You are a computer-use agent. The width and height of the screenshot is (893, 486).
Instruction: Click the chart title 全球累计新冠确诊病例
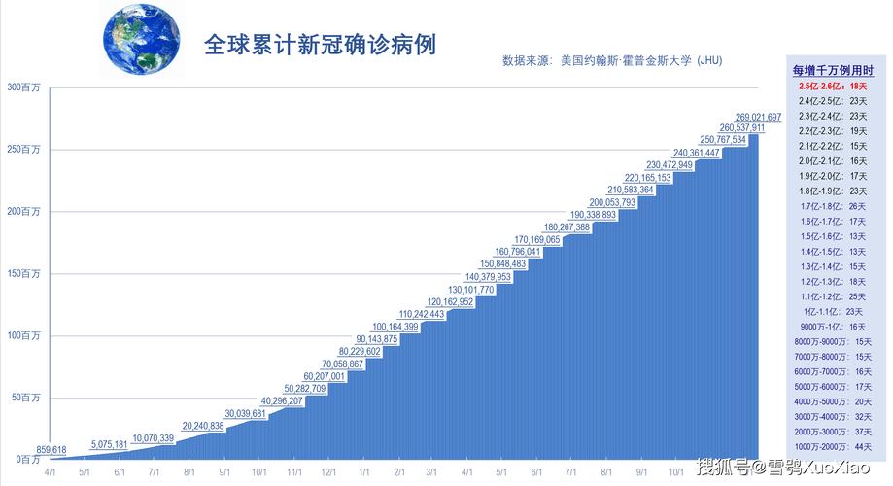click(319, 45)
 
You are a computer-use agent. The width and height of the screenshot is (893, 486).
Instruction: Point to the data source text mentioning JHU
click(612, 61)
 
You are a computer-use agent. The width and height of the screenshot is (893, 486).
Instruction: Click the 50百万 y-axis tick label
click(24, 398)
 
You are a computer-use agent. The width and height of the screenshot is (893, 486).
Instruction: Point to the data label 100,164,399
click(395, 327)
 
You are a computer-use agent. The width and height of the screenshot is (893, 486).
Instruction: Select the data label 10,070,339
click(154, 438)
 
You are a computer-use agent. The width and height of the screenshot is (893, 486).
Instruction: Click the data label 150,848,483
click(503, 263)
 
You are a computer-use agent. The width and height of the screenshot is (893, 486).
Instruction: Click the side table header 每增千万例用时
click(833, 71)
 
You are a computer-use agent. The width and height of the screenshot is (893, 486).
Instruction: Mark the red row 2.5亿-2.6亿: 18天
click(833, 87)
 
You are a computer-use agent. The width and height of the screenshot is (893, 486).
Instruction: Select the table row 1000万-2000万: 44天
click(833, 446)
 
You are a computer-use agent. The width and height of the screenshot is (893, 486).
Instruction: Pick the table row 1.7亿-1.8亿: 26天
click(833, 206)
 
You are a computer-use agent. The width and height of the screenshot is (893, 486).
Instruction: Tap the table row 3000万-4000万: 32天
click(833, 416)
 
